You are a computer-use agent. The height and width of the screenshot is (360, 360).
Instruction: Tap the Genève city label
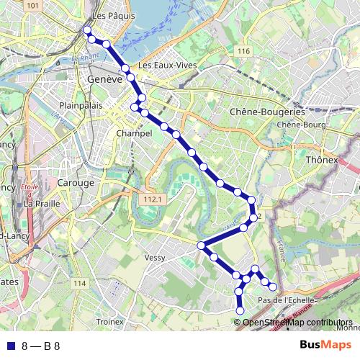(104, 79)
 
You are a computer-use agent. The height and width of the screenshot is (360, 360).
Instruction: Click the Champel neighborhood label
(133, 134)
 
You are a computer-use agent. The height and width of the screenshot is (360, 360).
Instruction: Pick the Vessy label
(155, 257)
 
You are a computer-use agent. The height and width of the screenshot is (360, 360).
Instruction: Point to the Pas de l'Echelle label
(284, 300)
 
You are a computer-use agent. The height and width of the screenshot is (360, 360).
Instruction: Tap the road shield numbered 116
(243, 51)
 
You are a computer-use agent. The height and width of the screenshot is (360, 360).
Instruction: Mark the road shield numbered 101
(32, 6)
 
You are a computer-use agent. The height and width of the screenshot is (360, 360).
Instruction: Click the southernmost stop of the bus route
(240, 310)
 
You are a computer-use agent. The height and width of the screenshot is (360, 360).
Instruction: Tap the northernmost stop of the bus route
(86, 30)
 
